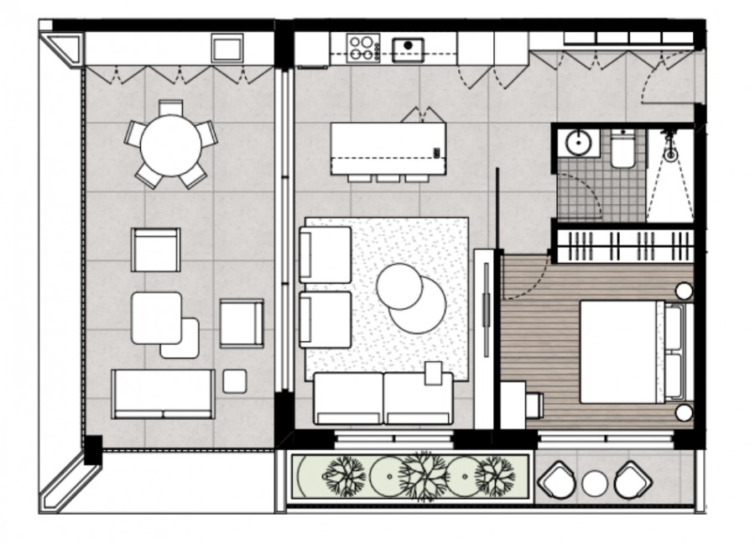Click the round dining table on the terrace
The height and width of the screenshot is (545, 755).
[x=171, y=145]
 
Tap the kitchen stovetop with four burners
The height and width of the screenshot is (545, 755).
[x=363, y=47]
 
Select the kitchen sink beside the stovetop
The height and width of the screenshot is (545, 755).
[x=409, y=49]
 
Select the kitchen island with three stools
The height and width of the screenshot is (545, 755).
[x=388, y=148]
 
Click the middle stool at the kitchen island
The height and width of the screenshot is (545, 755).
[x=388, y=178]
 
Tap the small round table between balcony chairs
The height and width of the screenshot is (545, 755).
[x=595, y=483]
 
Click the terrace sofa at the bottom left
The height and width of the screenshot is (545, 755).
[x=164, y=393]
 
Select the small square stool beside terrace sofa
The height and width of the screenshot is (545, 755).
[x=235, y=381]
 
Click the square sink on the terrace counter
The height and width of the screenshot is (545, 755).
[x=226, y=48]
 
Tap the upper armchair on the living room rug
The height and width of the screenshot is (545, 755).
[x=325, y=254]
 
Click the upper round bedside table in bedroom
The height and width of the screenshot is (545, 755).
[x=685, y=291]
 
